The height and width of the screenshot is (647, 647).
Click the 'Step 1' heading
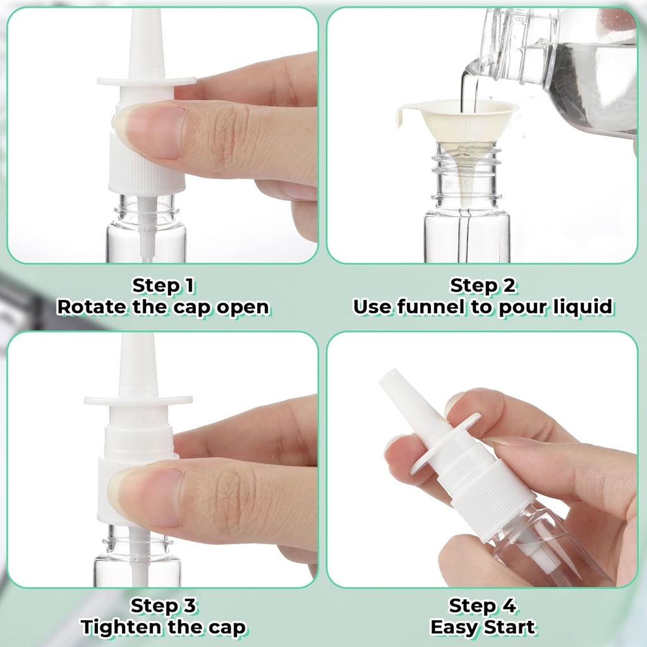pos(162,286)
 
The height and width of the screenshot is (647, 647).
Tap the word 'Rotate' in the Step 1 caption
pos(91,307)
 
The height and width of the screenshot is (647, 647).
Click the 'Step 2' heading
pos(483,286)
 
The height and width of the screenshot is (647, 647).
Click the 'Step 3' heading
pos(162,606)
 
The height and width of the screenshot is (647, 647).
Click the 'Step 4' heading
pos(483,606)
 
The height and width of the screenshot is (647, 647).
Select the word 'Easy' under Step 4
pos(454,627)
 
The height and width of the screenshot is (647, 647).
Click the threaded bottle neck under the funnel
pos(467,174)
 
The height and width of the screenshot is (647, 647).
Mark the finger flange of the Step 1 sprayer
pos(147,81)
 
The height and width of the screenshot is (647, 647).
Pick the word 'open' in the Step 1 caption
pos(243,307)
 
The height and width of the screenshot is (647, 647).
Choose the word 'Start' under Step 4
pos(509,627)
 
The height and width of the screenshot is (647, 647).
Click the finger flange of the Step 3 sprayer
pos(138,400)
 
